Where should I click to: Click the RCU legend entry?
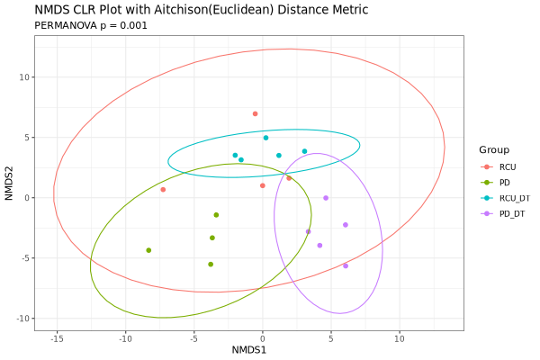coord(508,166)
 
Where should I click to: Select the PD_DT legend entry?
coord(512,213)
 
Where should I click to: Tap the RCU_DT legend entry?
coord(514,198)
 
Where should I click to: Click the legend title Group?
coord(494,149)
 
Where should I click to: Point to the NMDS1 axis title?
coord(249,349)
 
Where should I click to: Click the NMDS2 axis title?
coord(9,183)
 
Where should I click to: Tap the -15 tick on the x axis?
coord(57,339)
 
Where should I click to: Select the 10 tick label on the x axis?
coord(399,339)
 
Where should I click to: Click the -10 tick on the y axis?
coord(23,319)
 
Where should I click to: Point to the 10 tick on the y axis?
coord(26,77)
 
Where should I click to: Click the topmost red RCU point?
coord(256,114)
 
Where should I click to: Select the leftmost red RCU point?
coord(163,190)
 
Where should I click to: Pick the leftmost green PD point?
coord(148,250)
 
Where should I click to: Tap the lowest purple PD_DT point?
coord(346,265)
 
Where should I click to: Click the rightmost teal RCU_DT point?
coord(305,151)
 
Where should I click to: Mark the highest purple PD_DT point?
coord(326,198)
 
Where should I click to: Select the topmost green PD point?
coord(216,215)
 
